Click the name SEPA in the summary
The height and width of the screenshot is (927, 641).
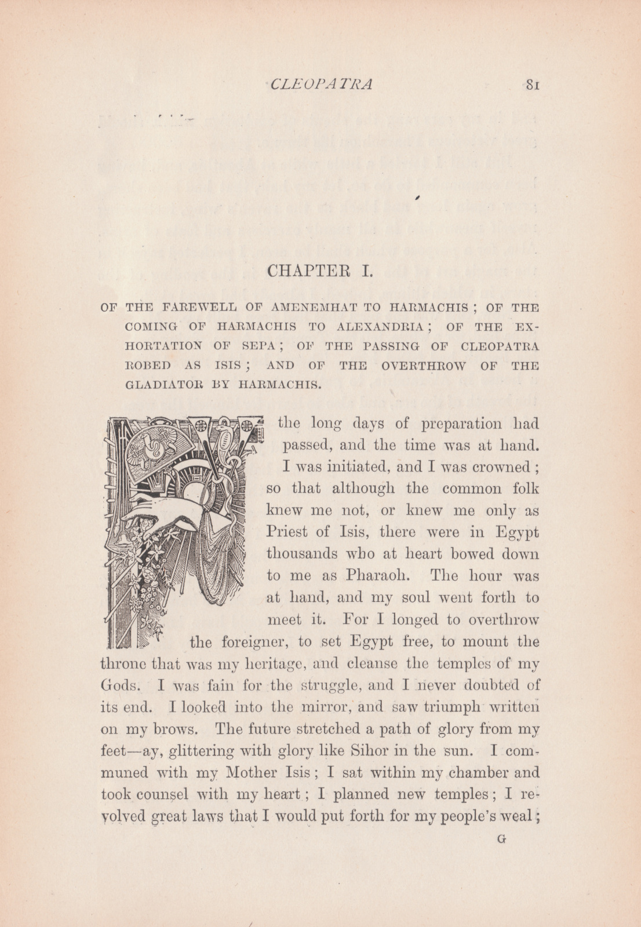click(258, 346)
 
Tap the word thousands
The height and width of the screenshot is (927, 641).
click(301, 554)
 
